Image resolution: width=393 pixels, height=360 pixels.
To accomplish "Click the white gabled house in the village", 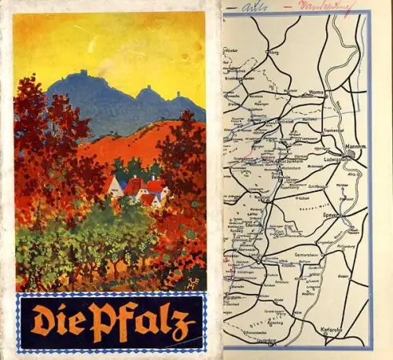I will point(115,187).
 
